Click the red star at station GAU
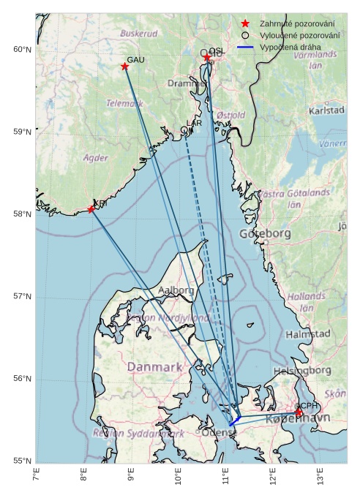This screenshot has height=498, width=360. pos(125,67)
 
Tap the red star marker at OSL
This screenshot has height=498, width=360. pos(207,58)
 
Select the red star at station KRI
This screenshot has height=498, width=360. pos(91,210)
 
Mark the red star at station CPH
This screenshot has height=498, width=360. pos(299,413)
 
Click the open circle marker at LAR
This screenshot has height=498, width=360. pos(184,130)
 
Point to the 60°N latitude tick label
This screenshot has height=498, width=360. pos(22,50)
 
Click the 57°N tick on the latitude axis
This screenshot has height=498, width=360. pos(22,296)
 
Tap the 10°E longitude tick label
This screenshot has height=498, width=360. pos(179,475)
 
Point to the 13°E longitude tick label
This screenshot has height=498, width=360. pos(320,475)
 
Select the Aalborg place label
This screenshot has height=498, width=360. pos(176,290)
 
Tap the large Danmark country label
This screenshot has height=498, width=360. pos(154,366)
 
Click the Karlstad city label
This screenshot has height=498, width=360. pos(326,110)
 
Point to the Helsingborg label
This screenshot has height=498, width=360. pos(302,371)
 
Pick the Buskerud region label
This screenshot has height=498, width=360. pos(139,34)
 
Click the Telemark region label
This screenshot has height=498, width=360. pos(125,104)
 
